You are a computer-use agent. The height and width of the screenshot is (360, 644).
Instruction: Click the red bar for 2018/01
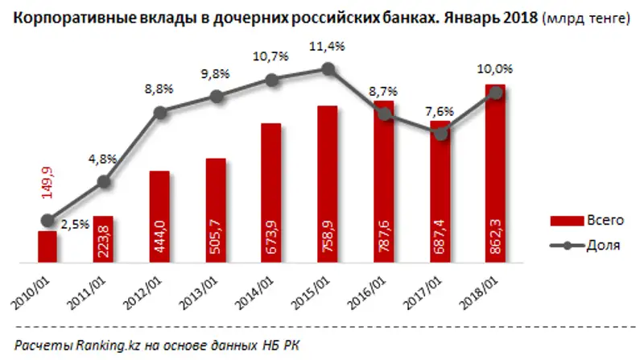[496, 177]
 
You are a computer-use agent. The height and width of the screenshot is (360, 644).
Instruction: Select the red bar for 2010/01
[47, 246]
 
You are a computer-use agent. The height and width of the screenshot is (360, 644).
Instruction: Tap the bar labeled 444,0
[159, 217]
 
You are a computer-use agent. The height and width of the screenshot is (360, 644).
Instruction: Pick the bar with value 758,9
[328, 185]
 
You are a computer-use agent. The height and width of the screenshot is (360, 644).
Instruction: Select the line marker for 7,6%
[440, 134]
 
